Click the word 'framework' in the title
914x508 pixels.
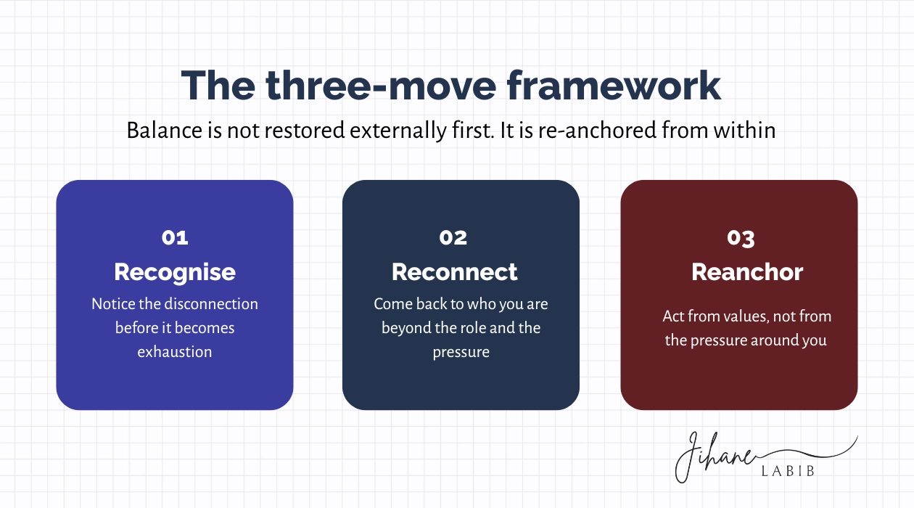pyautogui.click(x=614, y=86)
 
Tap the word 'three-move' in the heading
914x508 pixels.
pyautogui.click(x=381, y=86)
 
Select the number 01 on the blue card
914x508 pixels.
pyautogui.click(x=175, y=237)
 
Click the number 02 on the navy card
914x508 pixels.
pyautogui.click(x=453, y=237)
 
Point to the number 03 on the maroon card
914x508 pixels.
pyautogui.click(x=741, y=239)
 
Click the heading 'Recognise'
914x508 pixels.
pyautogui.click(x=175, y=273)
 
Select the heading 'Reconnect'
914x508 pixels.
pyautogui.click(x=455, y=272)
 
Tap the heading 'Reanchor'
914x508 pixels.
pyautogui.click(x=747, y=272)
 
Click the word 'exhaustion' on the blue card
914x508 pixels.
pyautogui.click(x=175, y=352)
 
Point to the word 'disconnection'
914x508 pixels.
pyautogui.click(x=211, y=304)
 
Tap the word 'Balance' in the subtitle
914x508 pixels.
pyautogui.click(x=164, y=131)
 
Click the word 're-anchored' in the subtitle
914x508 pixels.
pyautogui.click(x=598, y=131)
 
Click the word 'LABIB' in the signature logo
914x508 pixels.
pyautogui.click(x=788, y=471)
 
